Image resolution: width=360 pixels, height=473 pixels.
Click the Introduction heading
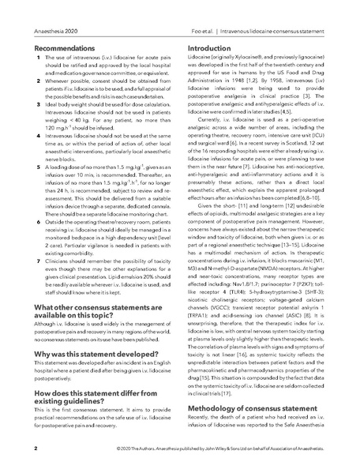pyautogui.click(x=215, y=47)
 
